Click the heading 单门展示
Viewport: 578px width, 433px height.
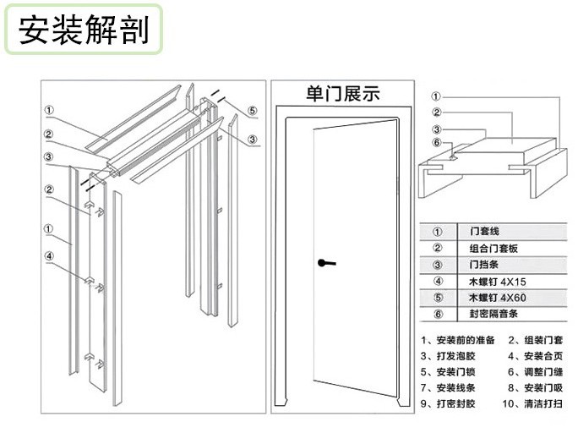pos(342,93)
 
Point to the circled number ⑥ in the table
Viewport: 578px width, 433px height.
pos(438,315)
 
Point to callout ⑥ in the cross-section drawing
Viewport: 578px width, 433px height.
pos(436,143)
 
